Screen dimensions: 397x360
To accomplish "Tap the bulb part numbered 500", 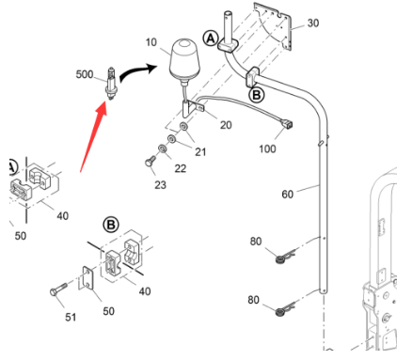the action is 111,84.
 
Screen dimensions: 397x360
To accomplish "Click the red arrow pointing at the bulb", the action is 94,138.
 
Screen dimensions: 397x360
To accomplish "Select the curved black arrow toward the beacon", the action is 138,73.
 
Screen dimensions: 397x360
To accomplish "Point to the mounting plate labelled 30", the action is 273,25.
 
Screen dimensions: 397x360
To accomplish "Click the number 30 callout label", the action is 313,23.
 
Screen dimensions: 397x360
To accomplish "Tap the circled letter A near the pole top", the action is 211,39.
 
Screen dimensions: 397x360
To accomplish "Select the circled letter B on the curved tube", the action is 257,95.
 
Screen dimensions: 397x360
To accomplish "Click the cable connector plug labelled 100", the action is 287,125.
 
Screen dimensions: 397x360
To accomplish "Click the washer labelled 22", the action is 163,149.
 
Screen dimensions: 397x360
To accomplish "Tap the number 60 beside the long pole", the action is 287,195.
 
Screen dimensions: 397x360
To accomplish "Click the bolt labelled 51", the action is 58,290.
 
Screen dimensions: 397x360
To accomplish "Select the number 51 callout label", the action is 71,317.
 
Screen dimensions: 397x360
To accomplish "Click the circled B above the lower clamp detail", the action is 111,225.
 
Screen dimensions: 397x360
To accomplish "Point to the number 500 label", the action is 85,74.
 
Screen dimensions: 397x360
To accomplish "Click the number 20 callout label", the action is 226,125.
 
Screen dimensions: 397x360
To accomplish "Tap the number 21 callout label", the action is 200,151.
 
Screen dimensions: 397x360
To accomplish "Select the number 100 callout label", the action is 267,149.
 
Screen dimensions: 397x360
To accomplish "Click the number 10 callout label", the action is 151,42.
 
